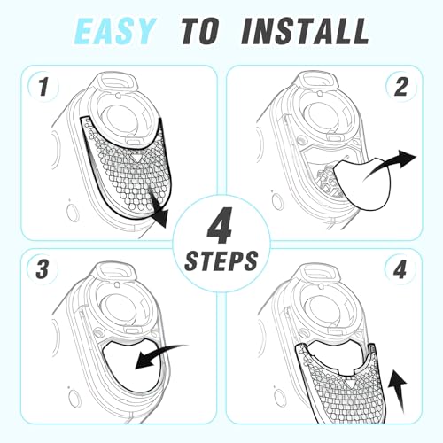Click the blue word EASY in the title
(114, 31)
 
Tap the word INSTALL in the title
(305, 31)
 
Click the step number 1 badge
(43, 87)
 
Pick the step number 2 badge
(400, 87)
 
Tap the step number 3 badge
(43, 269)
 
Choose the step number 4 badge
(400, 269)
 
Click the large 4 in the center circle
(220, 225)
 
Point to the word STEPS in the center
(221, 261)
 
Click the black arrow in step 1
(158, 210)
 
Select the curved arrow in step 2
(390, 166)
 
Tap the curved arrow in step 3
(161, 355)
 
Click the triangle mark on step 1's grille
(136, 158)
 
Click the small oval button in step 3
(74, 398)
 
